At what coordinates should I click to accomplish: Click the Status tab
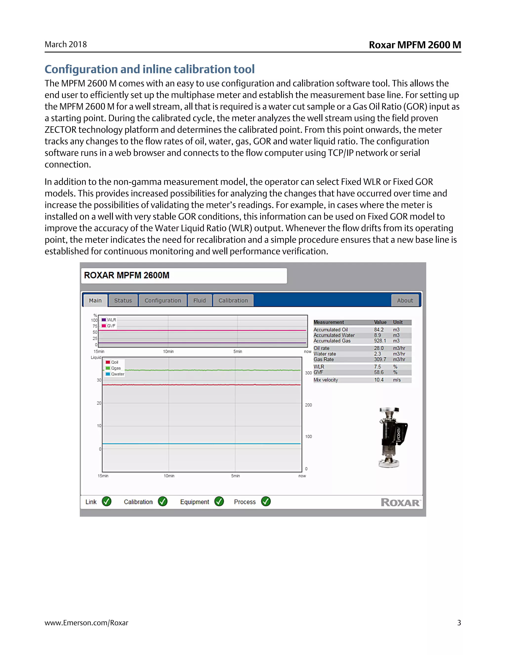123,301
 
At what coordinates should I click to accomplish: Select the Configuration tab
163,301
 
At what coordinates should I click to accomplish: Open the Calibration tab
233,301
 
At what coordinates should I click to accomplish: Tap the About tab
405,301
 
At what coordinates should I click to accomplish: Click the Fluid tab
199,301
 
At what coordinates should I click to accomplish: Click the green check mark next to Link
106,502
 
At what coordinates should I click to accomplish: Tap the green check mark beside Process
266,502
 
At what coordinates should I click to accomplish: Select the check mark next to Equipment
219,502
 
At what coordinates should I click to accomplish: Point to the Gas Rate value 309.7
380,359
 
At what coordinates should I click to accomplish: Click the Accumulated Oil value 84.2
379,329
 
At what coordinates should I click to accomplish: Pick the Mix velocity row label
326,380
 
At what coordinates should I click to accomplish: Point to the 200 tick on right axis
308,405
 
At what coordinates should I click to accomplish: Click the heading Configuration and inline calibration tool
149,69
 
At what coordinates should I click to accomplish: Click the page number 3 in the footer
459,623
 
